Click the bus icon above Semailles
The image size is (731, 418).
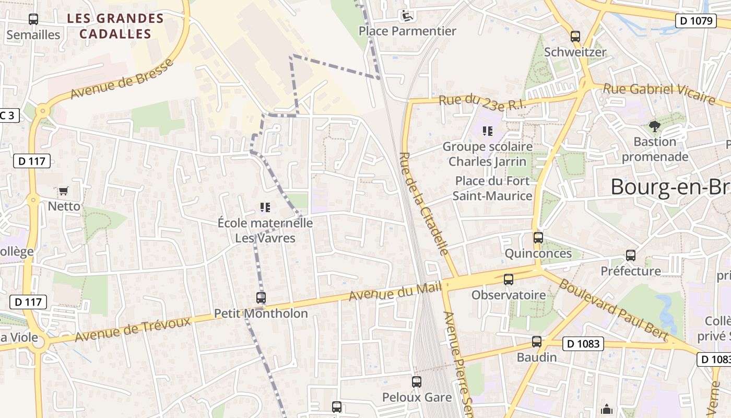tap(33, 19)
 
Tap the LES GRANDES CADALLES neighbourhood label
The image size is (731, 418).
tap(115, 26)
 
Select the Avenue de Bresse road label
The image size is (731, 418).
tap(121, 79)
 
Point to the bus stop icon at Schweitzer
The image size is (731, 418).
tap(575, 37)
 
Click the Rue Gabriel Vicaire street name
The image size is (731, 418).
tap(658, 94)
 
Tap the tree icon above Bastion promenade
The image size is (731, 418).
tap(654, 126)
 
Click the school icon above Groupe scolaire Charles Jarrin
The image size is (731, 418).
tap(488, 131)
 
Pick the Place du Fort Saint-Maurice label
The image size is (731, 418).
tap(492, 188)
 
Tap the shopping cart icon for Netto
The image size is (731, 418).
tap(64, 191)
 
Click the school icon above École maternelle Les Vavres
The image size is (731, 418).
tap(265, 208)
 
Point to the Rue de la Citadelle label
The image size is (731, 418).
tap(424, 204)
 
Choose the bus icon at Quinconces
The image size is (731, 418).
tap(538, 238)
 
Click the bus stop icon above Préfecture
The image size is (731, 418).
tap(631, 256)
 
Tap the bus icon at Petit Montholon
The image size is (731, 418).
tap(261, 298)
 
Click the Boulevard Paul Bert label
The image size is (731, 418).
tap(613, 309)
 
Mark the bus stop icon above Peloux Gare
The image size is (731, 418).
tap(416, 382)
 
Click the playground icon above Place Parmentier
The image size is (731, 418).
tap(406, 16)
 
